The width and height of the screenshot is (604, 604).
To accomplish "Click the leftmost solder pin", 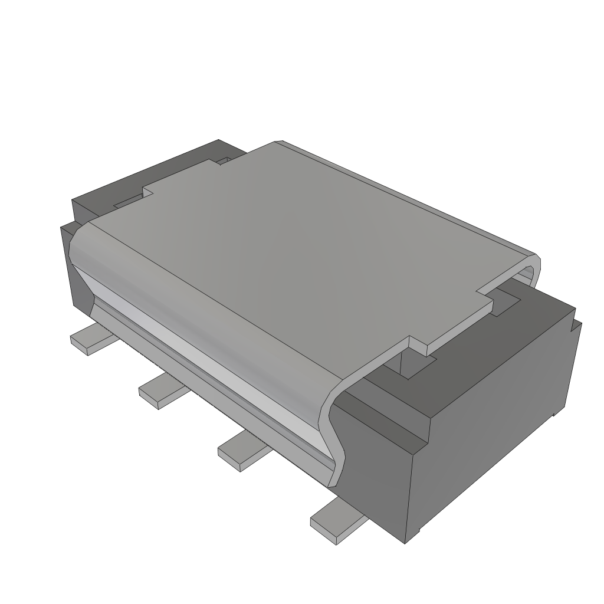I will (90, 339).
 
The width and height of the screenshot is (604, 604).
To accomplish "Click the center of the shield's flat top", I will (307, 248).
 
